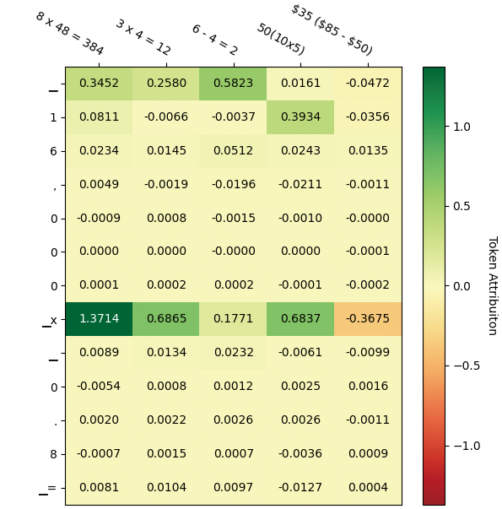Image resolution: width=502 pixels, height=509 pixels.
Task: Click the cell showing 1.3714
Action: (x=99, y=319)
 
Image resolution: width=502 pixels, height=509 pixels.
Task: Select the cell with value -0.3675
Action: (x=367, y=319)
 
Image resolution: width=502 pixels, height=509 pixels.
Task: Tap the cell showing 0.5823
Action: (x=233, y=84)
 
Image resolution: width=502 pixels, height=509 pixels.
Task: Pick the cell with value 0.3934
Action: (x=300, y=117)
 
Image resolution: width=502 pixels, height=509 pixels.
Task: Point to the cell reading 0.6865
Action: (x=166, y=319)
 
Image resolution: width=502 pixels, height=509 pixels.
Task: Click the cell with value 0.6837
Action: (x=300, y=319)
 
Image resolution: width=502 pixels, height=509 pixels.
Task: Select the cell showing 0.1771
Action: (x=233, y=319)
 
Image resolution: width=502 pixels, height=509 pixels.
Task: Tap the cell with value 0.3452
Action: (x=99, y=84)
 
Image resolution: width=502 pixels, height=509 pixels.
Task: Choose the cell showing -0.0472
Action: (x=367, y=84)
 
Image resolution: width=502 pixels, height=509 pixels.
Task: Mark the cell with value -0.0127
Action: (x=300, y=487)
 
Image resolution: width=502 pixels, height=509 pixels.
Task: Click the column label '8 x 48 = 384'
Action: (x=69, y=34)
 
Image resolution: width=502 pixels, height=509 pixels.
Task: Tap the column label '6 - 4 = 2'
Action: (x=214, y=40)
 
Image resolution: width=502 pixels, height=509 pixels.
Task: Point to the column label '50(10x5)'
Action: (x=280, y=40)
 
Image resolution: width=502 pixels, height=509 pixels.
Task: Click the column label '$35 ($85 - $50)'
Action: (x=331, y=30)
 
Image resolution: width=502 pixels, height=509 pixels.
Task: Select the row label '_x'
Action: (x=51, y=320)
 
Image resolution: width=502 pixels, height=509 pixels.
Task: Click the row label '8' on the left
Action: (x=53, y=454)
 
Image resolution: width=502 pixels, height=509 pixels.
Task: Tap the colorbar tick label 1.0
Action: (x=462, y=127)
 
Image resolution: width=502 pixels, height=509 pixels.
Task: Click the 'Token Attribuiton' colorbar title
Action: (x=492, y=285)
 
